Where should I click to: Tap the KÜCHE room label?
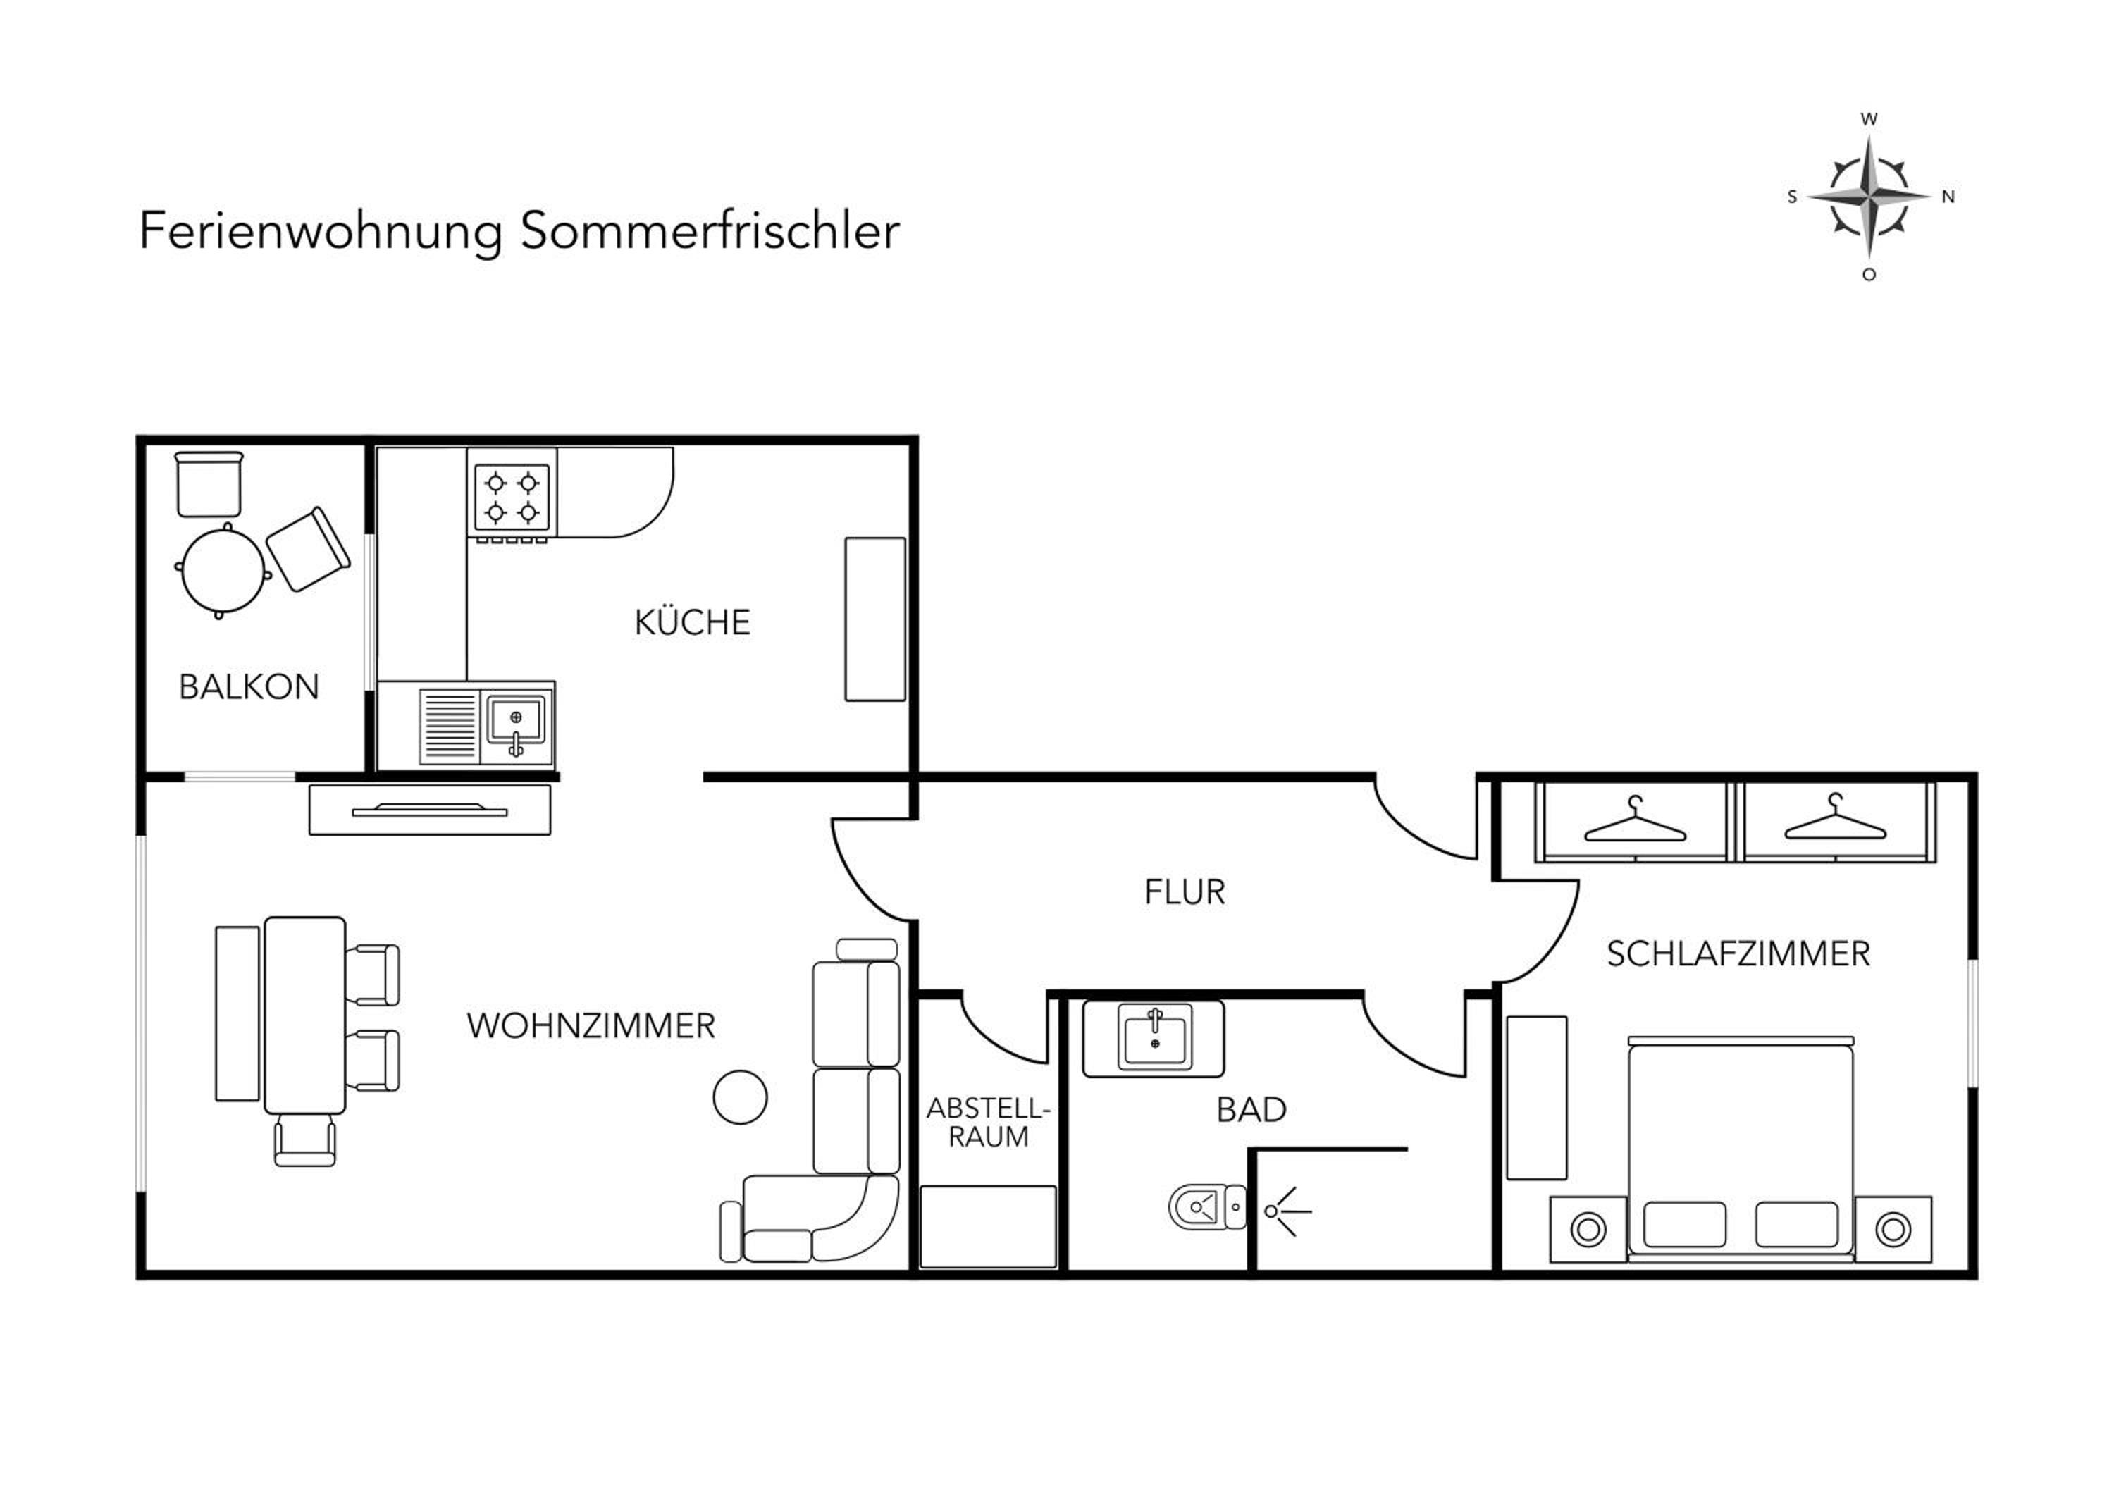(693, 623)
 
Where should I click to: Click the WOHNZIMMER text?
(591, 1025)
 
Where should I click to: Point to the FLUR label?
(1185, 892)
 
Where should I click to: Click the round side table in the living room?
(741, 1097)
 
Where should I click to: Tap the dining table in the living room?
(304, 1015)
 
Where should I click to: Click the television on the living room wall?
(430, 810)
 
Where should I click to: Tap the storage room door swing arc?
(994, 1040)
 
